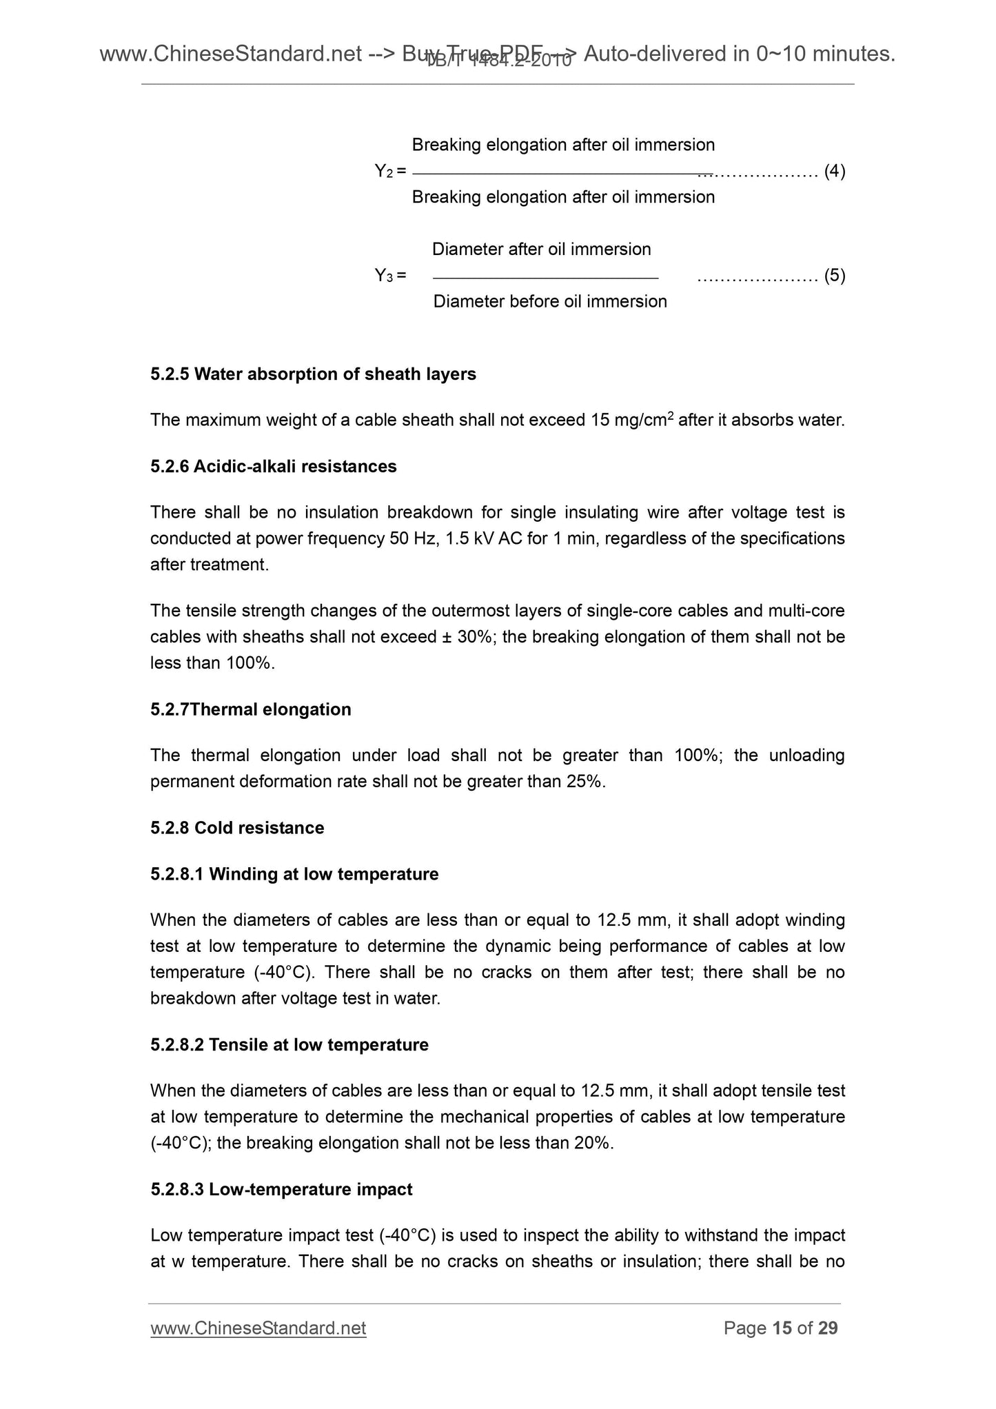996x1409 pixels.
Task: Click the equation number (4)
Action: pyautogui.click(x=835, y=171)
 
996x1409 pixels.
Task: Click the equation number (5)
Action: pyautogui.click(x=835, y=276)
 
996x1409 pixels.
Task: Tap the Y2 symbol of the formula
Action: pyautogui.click(x=383, y=171)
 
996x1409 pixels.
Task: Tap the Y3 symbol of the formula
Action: pyautogui.click(x=383, y=276)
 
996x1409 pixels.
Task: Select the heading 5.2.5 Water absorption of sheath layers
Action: pyautogui.click(x=313, y=374)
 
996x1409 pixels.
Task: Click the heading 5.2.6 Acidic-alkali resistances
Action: pyautogui.click(x=273, y=467)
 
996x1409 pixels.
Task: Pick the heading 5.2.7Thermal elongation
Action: pyautogui.click(x=250, y=709)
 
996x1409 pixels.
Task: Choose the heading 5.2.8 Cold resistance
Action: pyautogui.click(x=237, y=827)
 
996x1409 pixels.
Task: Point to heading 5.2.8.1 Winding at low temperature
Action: pyautogui.click(x=294, y=874)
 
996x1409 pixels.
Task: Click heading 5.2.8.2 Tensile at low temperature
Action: pyautogui.click(x=289, y=1044)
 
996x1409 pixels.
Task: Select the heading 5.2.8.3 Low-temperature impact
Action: pyautogui.click(x=281, y=1189)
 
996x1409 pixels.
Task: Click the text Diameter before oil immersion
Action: pyautogui.click(x=550, y=301)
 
